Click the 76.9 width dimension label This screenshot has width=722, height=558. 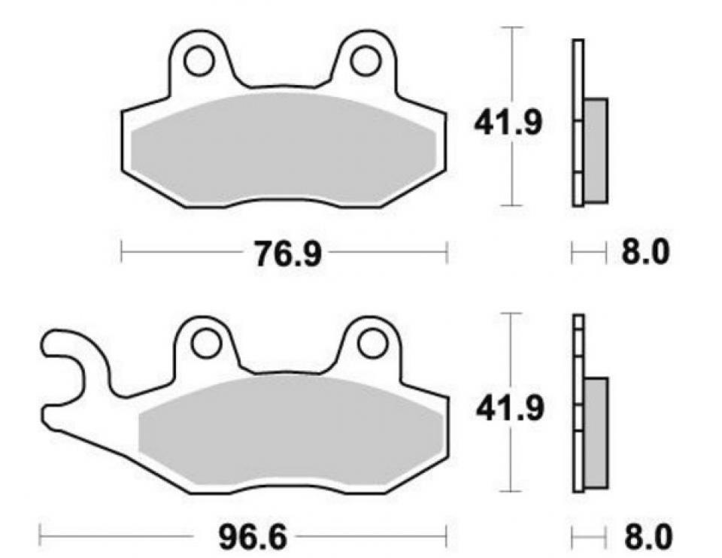(x=287, y=254)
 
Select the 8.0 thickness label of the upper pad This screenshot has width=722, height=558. (x=645, y=253)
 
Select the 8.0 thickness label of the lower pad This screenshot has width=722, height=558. (x=645, y=538)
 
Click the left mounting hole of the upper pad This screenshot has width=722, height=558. (x=199, y=60)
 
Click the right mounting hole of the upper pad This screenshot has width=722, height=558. (x=366, y=60)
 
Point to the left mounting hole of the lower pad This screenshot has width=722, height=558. (x=205, y=344)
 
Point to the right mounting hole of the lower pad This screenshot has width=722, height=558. (x=372, y=344)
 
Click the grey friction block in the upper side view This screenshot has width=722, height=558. (x=595, y=150)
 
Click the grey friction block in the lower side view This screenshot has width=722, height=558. (x=595, y=432)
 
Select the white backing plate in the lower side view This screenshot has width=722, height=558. (x=578, y=406)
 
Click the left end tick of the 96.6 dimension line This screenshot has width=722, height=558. (x=40, y=537)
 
